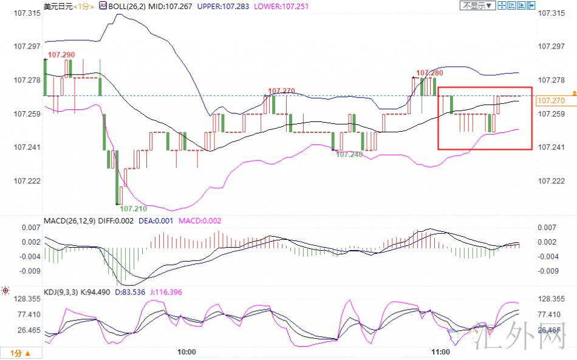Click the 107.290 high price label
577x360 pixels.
[61, 55]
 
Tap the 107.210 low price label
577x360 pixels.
[133, 208]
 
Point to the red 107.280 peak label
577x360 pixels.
[429, 73]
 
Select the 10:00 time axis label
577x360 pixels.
[186, 352]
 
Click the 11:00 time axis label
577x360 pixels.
[440, 352]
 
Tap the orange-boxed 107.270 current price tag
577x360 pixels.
[551, 100]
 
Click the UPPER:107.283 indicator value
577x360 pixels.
[223, 6]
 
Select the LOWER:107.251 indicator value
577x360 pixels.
[281, 6]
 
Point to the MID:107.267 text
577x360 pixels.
[170, 6]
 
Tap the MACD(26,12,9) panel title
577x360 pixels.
[70, 220]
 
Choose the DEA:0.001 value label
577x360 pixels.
[155, 220]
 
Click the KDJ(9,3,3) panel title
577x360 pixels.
[61, 292]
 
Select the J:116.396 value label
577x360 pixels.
[166, 292]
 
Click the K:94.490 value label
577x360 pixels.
[95, 292]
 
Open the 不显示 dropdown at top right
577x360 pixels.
[477, 5]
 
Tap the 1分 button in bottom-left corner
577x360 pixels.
[20, 353]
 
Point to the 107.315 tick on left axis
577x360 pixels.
[27, 13]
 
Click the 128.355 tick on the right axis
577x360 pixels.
[551, 299]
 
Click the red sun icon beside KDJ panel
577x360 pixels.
[5, 291]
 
